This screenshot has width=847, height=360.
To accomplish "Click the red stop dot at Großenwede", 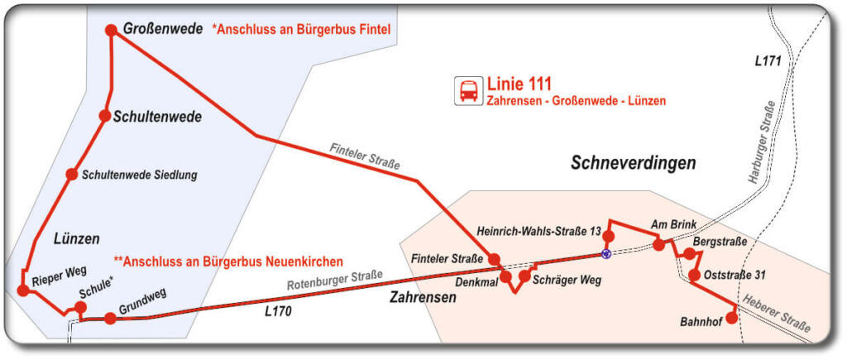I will [112, 31].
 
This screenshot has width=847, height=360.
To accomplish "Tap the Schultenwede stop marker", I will [105, 116].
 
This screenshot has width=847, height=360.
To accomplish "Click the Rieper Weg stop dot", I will [23, 290].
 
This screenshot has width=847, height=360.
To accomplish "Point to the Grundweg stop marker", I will [110, 318].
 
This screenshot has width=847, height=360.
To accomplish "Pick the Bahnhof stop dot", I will [731, 317].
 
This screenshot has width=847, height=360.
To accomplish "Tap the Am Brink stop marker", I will [658, 244].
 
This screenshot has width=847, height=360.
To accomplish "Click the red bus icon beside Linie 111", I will [468, 90].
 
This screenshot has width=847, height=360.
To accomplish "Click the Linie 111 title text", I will [519, 84].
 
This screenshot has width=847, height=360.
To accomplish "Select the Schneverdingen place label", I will [634, 163].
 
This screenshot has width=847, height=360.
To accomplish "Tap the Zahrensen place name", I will [423, 297].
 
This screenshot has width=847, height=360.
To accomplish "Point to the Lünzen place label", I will [76, 238].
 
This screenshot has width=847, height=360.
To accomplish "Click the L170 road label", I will [280, 313].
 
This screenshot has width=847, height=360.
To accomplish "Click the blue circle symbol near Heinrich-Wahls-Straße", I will [606, 254].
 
